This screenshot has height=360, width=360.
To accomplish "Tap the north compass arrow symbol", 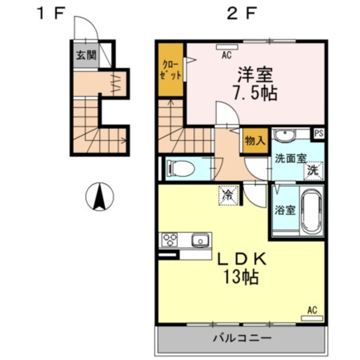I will (x=100, y=197).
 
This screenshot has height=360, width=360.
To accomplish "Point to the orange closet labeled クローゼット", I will (x=171, y=70).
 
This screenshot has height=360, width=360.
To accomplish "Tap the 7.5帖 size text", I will (x=255, y=92).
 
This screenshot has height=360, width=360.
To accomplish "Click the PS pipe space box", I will (x=319, y=134).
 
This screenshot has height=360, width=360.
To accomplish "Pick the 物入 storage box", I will (x=255, y=141).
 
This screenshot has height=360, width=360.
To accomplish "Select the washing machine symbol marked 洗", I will (x=311, y=171).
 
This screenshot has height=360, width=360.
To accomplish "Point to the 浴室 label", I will (x=285, y=210).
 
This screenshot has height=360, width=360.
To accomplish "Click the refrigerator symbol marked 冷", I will (x=229, y=196).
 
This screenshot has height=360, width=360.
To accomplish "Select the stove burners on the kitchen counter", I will (x=170, y=241).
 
